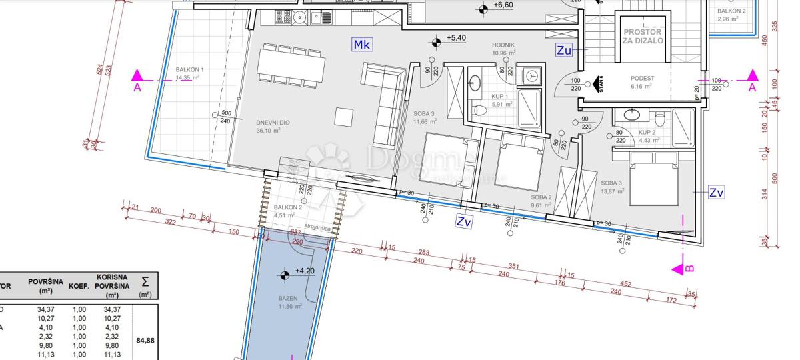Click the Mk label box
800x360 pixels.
point(363,45)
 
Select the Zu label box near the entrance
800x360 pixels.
point(564,50)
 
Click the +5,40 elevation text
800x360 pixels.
point(456,39)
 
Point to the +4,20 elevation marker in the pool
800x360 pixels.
point(304,271)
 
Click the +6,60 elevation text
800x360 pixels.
point(503,5)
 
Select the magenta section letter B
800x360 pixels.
point(691,268)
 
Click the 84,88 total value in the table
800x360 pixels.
point(145,341)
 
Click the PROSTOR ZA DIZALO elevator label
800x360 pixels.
point(643,36)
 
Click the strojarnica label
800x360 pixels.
point(317,227)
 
